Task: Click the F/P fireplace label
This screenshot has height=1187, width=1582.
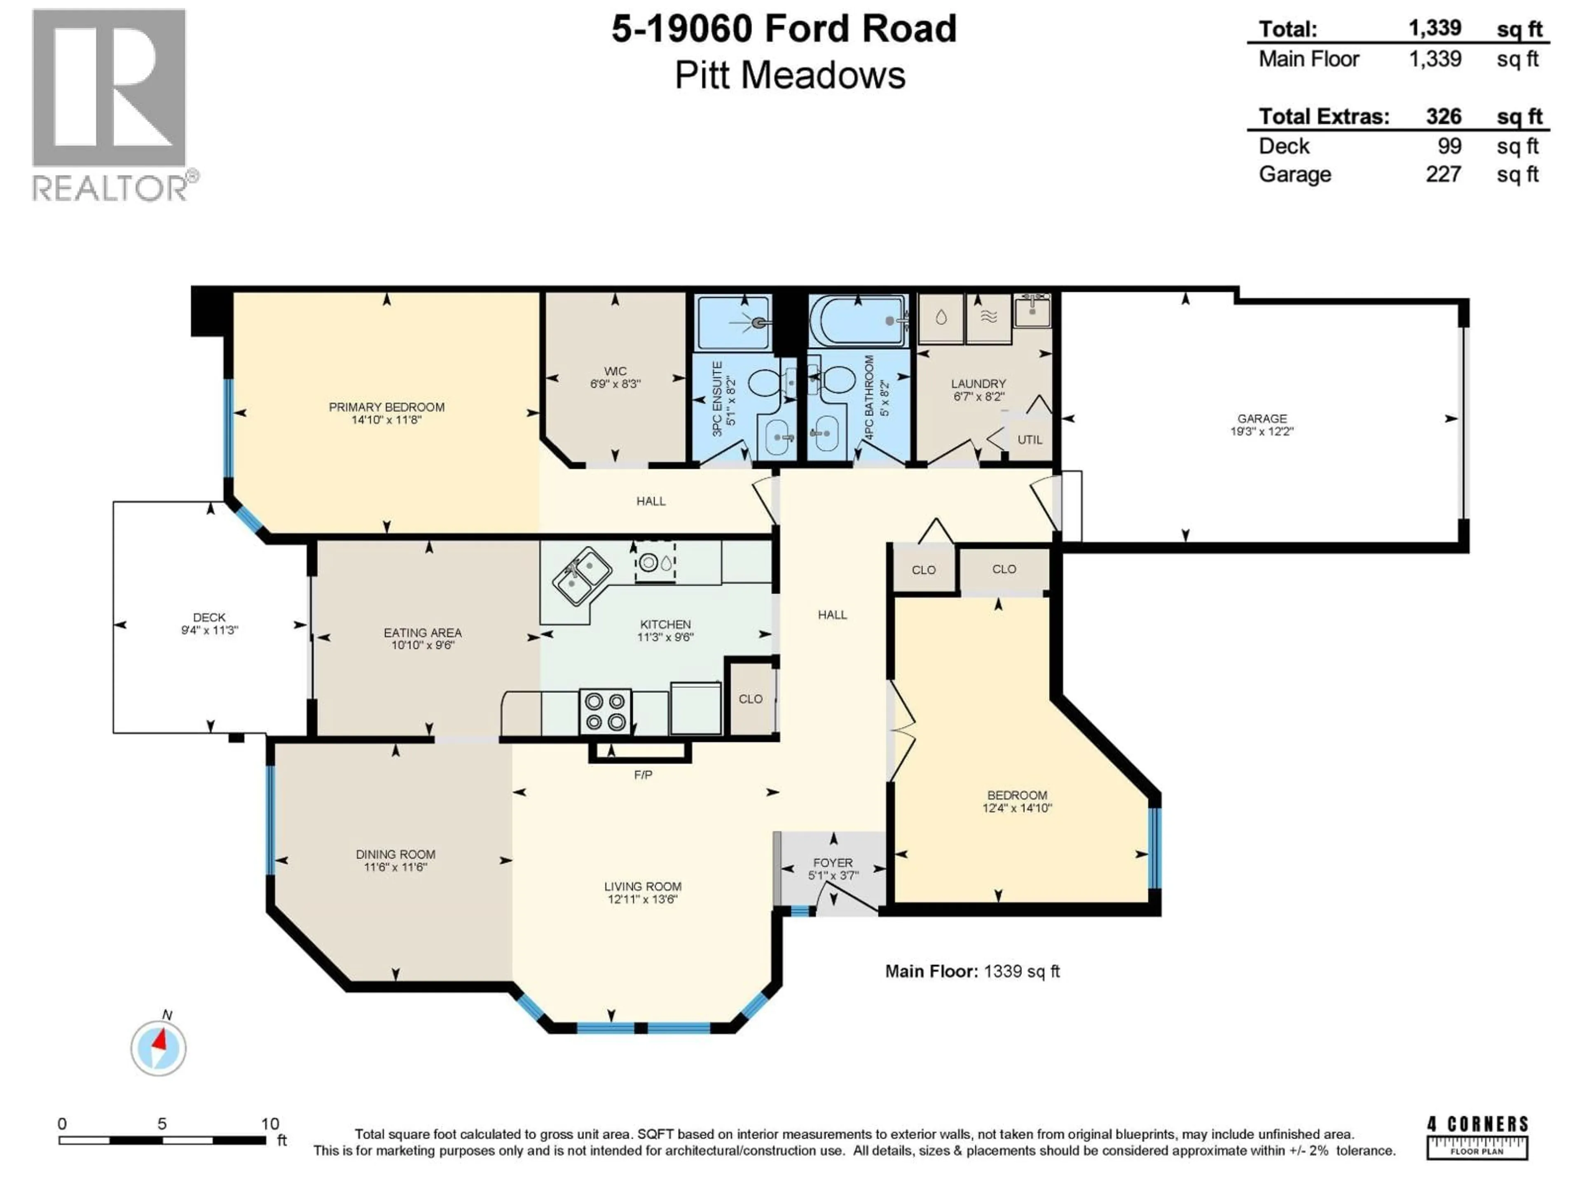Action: [642, 775]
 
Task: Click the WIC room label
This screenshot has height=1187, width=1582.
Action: [615, 371]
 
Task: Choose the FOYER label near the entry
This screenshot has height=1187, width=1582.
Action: [833, 863]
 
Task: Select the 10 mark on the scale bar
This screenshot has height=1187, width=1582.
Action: [269, 1123]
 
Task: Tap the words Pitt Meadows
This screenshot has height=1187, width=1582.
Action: [790, 76]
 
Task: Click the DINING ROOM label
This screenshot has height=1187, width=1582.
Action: [395, 854]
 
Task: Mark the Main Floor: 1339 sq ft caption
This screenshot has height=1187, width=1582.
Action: [972, 971]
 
